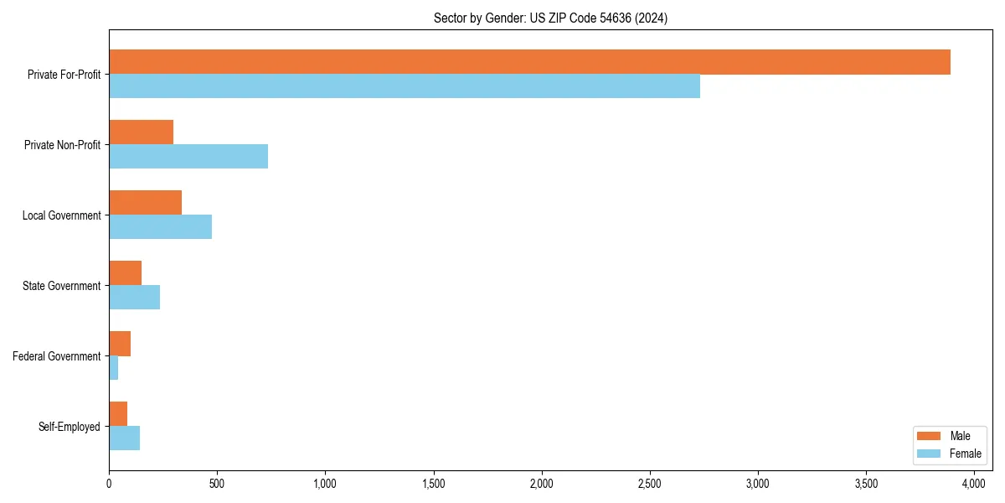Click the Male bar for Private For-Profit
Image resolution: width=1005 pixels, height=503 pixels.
click(529, 62)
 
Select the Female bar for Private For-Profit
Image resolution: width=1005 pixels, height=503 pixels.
click(405, 86)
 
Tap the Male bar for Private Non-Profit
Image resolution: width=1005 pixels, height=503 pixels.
click(141, 132)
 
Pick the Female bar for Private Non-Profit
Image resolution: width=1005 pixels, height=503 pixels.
click(188, 157)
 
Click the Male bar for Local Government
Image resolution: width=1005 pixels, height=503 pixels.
click(145, 203)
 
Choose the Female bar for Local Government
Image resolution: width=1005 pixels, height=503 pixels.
click(160, 227)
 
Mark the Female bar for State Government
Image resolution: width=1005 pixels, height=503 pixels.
click(134, 298)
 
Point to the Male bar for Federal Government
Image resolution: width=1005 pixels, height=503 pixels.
click(120, 344)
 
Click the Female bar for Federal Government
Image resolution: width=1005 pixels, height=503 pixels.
click(114, 368)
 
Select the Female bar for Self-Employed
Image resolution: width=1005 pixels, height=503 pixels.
click(124, 438)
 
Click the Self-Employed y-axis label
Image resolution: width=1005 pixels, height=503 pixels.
click(70, 427)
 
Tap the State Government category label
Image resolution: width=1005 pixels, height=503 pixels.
click(61, 286)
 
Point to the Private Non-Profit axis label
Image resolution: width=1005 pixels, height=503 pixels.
click(62, 145)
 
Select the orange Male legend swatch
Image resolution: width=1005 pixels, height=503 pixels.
click(930, 436)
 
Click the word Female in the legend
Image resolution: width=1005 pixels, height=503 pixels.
click(965, 454)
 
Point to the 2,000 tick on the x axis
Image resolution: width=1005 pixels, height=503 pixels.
click(542, 484)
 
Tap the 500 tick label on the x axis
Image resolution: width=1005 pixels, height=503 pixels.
click(217, 484)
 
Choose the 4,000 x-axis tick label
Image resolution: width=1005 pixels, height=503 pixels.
click(974, 484)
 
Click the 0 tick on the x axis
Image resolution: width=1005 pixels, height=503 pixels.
click(109, 484)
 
